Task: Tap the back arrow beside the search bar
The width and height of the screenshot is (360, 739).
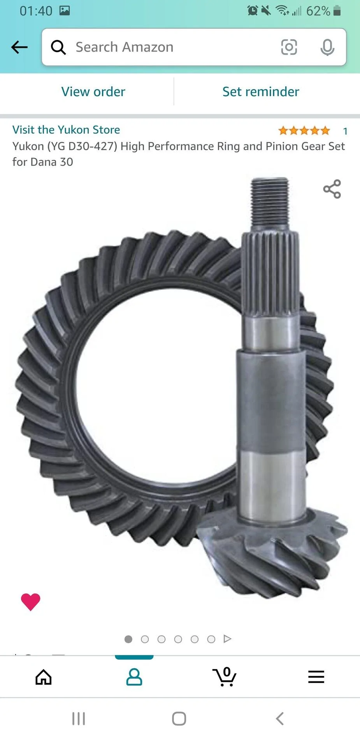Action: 19,47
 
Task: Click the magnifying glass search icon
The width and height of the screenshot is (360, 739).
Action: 58,47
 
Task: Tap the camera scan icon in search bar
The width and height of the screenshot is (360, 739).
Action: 289,47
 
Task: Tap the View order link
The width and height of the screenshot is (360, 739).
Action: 93,92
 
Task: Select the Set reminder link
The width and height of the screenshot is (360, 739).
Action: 261,92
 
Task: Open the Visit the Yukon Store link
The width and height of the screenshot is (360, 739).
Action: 66,130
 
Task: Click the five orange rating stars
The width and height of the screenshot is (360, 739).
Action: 304,131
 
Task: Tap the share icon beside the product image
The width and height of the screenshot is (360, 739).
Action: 332,189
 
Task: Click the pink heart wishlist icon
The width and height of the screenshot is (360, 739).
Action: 30,602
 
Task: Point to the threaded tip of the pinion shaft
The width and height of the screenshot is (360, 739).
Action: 270,203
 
